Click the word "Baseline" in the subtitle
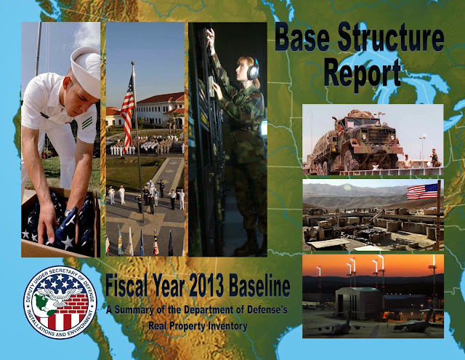pos(259,286)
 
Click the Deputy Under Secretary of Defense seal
pos(60,302)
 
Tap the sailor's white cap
pos(86,70)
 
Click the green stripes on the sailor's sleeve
pos(87,123)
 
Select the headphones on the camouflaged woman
pos(253,70)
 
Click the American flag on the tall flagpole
pos(128,111)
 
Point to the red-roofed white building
pos(160,109)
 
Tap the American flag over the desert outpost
pos(422,191)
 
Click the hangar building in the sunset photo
pos(359,302)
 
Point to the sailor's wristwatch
pos(68,212)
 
